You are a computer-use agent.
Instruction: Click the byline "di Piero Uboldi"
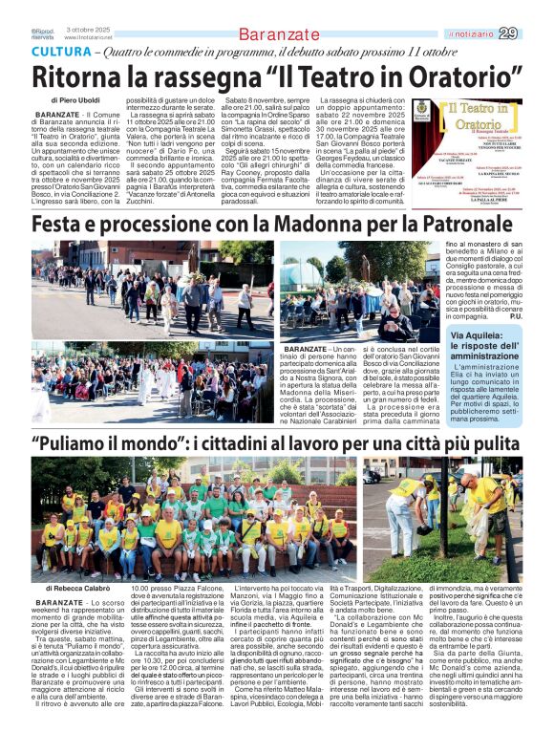[x=77, y=99]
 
